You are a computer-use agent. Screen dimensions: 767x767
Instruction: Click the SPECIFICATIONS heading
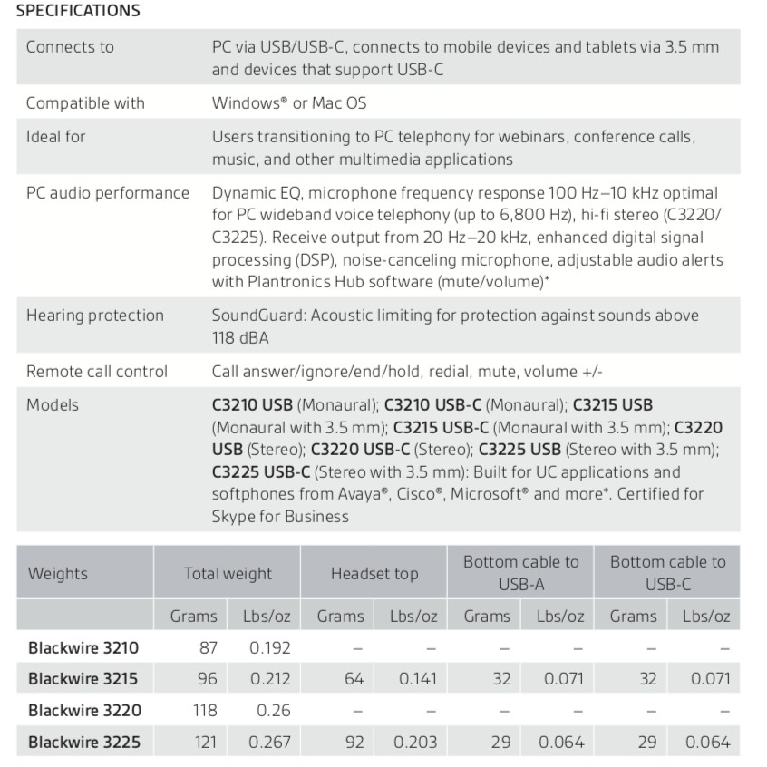click(x=78, y=12)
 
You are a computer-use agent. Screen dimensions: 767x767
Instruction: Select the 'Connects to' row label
click(x=70, y=47)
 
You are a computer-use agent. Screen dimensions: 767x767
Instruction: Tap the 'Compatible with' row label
click(x=85, y=102)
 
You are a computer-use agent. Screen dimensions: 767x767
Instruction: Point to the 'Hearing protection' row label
click(x=95, y=316)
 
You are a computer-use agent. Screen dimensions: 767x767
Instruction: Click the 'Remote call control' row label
click(x=97, y=371)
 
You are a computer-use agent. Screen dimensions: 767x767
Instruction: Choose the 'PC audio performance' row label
click(x=108, y=192)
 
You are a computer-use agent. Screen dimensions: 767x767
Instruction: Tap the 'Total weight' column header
click(x=228, y=573)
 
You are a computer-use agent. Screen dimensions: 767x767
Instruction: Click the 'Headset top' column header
click(x=374, y=573)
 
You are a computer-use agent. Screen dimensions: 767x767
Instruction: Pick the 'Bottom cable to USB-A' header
click(x=520, y=573)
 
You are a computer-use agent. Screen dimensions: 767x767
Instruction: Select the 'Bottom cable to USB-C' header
click(x=667, y=573)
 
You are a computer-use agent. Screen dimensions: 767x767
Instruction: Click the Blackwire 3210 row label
click(x=84, y=648)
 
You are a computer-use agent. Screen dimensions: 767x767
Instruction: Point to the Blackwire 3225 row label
click(x=84, y=742)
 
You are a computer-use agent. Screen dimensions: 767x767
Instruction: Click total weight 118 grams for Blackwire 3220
click(x=205, y=710)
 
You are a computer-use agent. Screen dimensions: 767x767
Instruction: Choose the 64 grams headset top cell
click(x=354, y=678)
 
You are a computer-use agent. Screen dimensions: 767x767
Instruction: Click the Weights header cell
click(x=58, y=573)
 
